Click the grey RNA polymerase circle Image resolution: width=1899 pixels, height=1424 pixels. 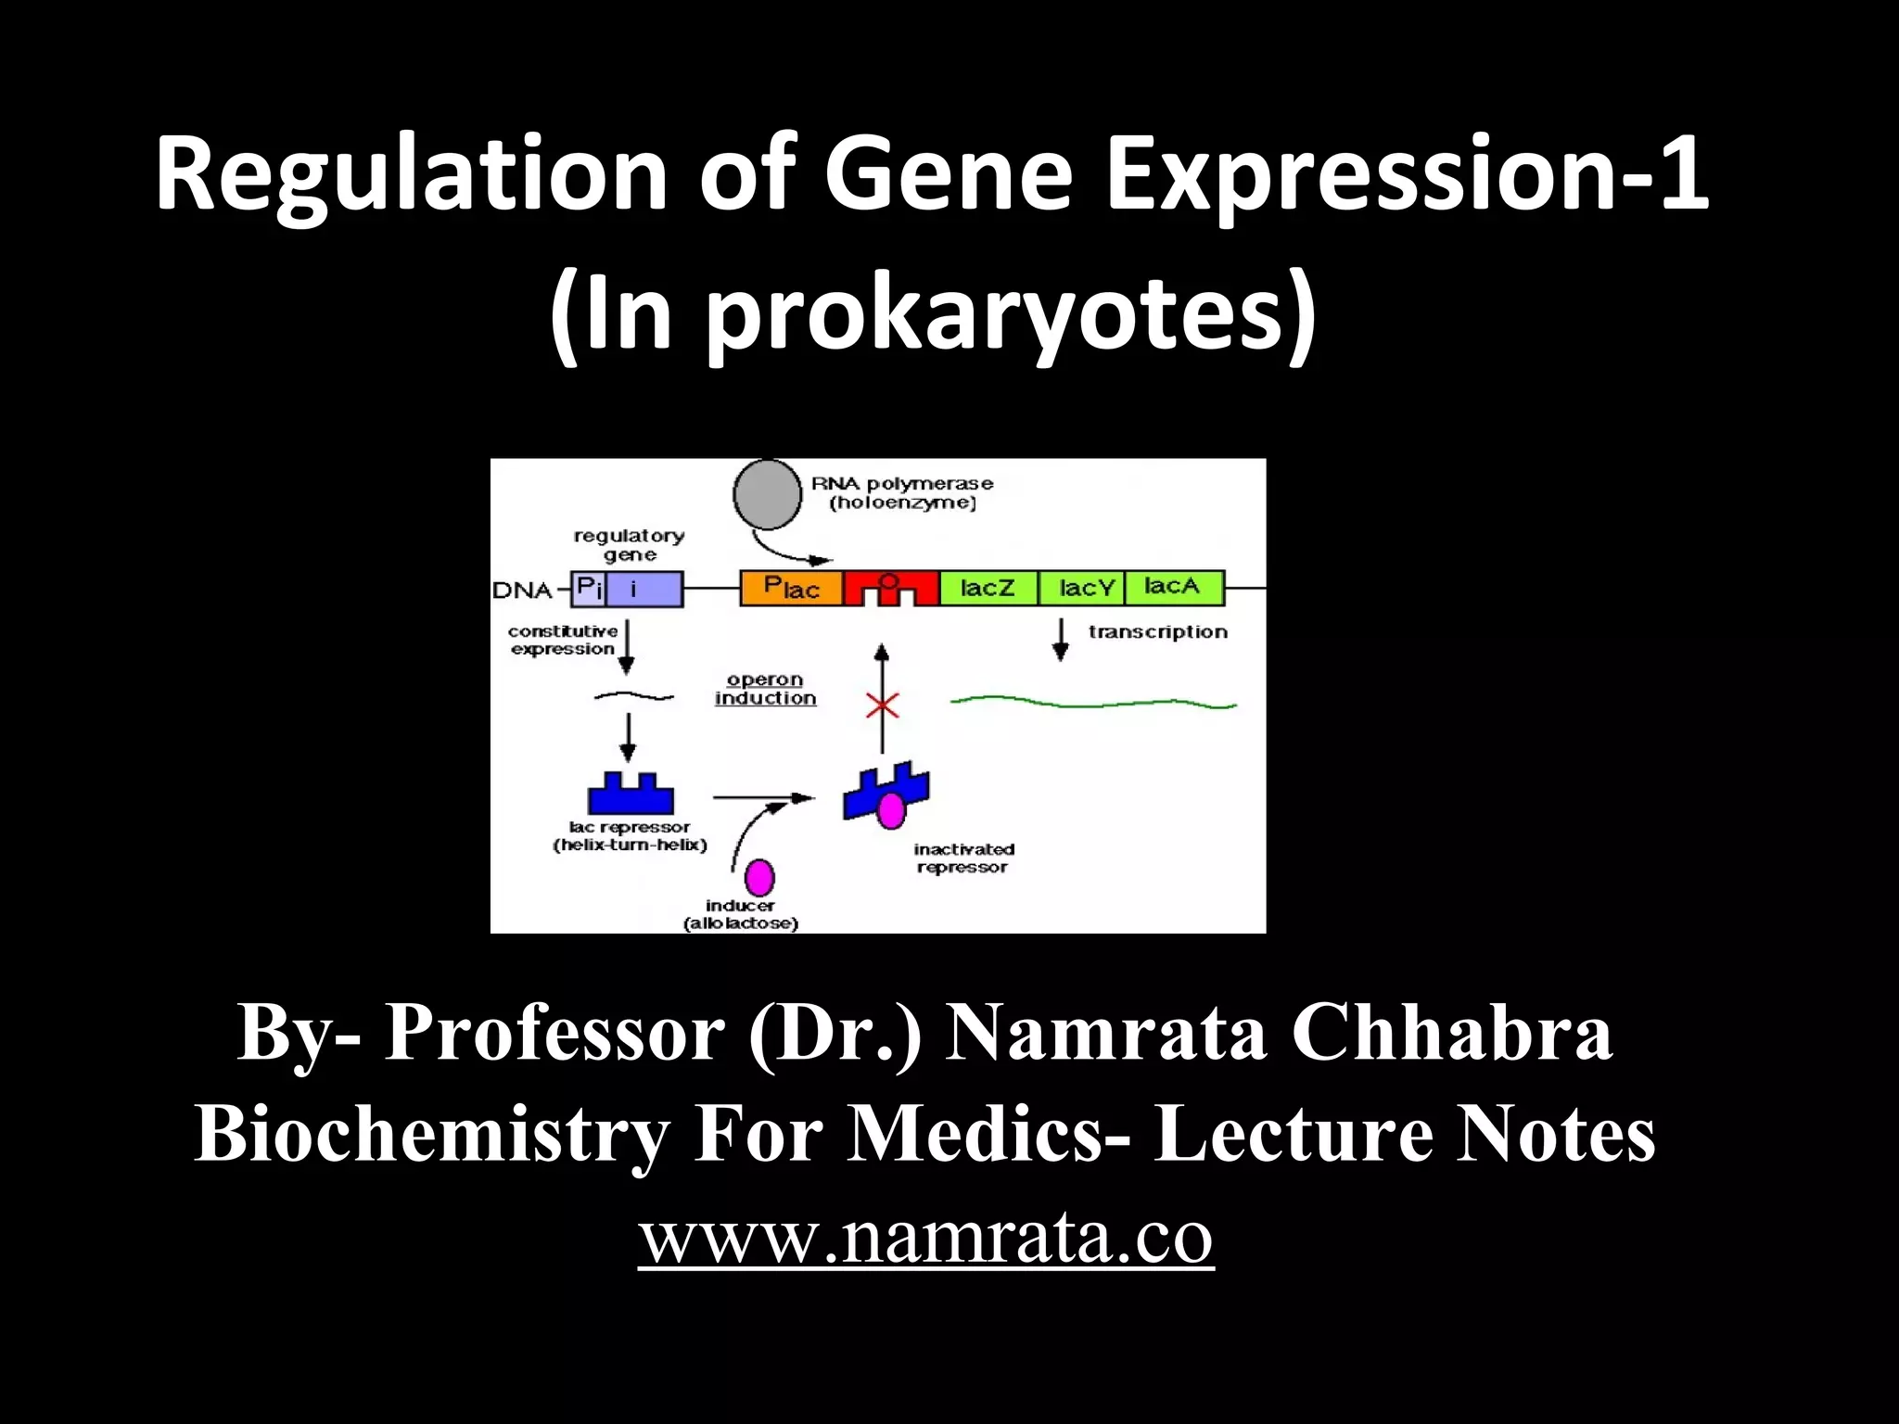coord(767,494)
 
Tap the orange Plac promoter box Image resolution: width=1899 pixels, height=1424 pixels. coord(791,588)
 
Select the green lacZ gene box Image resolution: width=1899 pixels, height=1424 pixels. coord(988,588)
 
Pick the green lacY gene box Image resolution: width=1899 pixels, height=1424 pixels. coord(1082,588)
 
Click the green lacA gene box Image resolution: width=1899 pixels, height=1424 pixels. coord(1173,587)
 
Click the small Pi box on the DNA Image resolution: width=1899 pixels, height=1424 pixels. coord(589,588)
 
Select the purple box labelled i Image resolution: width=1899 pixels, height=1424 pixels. coord(644,589)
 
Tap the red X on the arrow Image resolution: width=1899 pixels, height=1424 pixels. coord(882,706)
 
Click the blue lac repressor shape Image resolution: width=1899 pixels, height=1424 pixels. coord(631,795)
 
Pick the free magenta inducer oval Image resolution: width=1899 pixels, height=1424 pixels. coord(759,876)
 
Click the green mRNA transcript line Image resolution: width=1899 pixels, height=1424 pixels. coord(1094,703)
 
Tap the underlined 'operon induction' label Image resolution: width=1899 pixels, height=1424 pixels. coord(765,689)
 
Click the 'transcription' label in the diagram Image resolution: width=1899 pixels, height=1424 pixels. coord(1157,632)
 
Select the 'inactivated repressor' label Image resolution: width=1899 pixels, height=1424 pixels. coord(963,858)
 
